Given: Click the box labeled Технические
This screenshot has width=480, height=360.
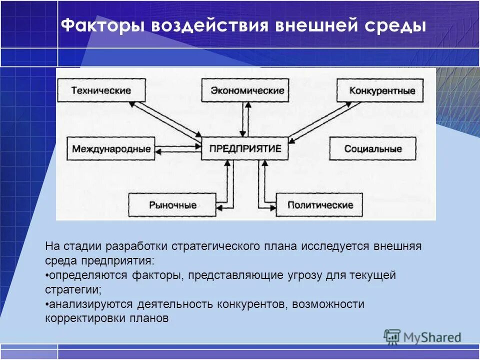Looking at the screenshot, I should pyautogui.click(x=101, y=91).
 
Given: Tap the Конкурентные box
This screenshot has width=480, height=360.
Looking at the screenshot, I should pyautogui.click(x=382, y=91).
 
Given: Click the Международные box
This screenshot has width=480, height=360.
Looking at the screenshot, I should pyautogui.click(x=111, y=149).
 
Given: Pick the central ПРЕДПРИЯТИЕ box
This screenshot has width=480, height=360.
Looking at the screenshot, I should pyautogui.click(x=245, y=148).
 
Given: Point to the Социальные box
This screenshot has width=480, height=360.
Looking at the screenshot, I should pyautogui.click(x=372, y=149).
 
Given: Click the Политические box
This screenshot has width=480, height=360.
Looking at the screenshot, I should pyautogui.click(x=320, y=205).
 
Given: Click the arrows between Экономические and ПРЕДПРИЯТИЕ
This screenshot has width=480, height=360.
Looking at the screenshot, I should pyautogui.click(x=245, y=119).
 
